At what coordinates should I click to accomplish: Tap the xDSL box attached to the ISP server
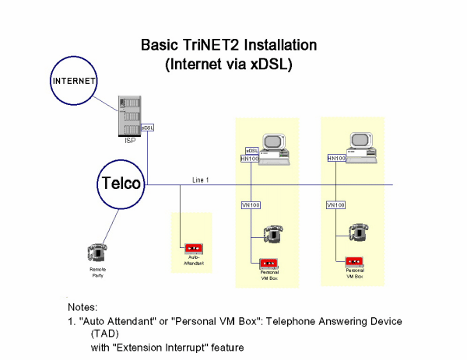[x=148, y=127]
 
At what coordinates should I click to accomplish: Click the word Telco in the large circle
[x=121, y=183]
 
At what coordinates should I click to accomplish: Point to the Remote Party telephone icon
[x=97, y=252]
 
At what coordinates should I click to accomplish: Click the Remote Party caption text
[x=97, y=273]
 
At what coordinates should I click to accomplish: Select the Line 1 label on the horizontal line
[x=201, y=180]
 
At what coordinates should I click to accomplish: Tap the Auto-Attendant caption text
[x=191, y=262]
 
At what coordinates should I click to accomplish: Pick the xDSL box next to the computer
[x=251, y=150]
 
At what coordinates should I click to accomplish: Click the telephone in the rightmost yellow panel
[x=357, y=231]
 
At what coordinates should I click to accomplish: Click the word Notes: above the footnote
[x=86, y=307]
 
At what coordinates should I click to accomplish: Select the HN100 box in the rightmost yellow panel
[x=335, y=159]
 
